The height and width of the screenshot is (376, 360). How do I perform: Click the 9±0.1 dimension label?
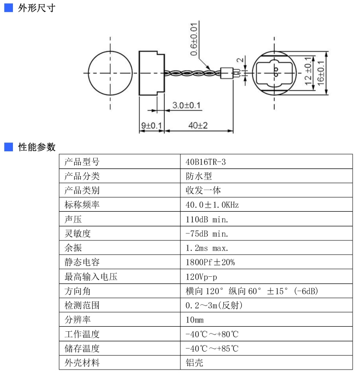(x=151, y=125)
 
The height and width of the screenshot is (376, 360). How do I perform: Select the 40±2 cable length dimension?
(x=198, y=125)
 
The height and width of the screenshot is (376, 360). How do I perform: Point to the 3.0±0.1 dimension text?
(x=186, y=105)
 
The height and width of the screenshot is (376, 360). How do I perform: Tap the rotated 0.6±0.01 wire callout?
(x=194, y=39)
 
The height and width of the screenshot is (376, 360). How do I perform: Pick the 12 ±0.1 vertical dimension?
(x=308, y=71)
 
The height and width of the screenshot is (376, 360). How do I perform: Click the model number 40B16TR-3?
(x=205, y=162)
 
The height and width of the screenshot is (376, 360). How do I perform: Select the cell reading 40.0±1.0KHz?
(x=212, y=205)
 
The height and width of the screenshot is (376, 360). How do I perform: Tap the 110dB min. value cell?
(x=207, y=220)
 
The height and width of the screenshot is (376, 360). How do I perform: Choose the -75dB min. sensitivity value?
(x=207, y=233)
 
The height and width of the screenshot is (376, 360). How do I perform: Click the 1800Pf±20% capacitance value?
(x=210, y=262)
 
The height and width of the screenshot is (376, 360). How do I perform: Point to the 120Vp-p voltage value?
(x=201, y=277)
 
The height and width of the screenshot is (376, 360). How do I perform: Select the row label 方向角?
(x=78, y=291)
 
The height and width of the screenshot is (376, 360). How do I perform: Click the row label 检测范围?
(x=82, y=305)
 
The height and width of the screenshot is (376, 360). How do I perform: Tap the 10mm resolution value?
(x=194, y=320)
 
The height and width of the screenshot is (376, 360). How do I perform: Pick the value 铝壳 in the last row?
(x=194, y=362)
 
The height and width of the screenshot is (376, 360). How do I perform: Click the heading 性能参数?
(x=37, y=147)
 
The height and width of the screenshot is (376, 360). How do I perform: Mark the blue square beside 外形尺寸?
(x=9, y=8)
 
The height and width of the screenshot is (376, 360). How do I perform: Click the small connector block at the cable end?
(x=227, y=73)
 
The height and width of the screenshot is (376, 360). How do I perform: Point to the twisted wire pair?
(x=192, y=73)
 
